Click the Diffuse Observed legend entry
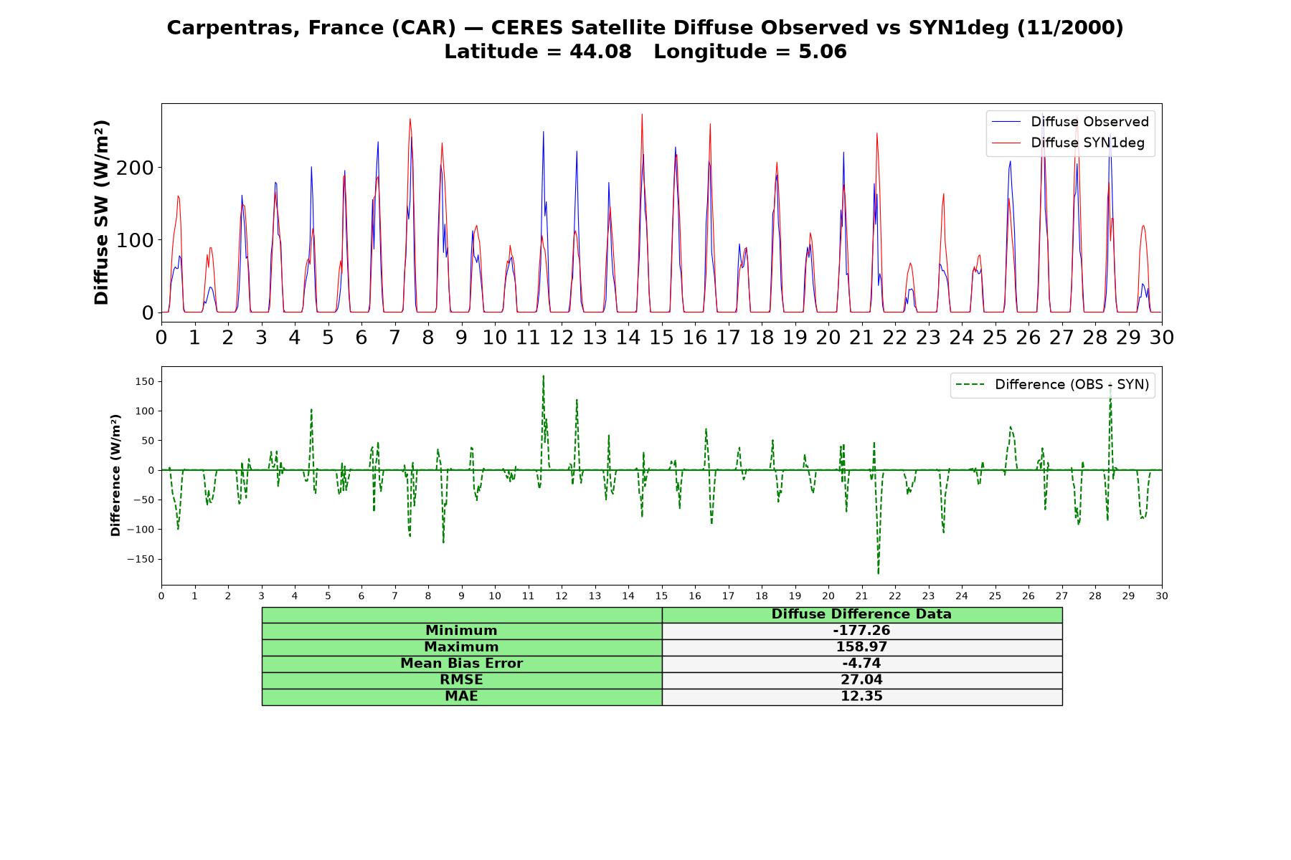pyautogui.click(x=1070, y=122)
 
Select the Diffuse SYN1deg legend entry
pyautogui.click(x=1068, y=143)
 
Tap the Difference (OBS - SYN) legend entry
pyautogui.click(x=1052, y=385)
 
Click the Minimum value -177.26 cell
pyautogui.click(x=861, y=631)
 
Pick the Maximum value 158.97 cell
pyautogui.click(x=861, y=647)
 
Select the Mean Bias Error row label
pyautogui.click(x=462, y=664)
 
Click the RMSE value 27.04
pyautogui.click(x=861, y=680)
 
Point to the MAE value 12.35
pyautogui.click(x=861, y=697)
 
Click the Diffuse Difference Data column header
pyautogui.click(x=861, y=614)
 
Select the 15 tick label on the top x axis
pyautogui.click(x=661, y=338)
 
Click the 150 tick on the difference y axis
pyautogui.click(x=144, y=381)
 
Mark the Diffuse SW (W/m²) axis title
pyautogui.click(x=101, y=213)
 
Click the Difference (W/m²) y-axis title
pyautogui.click(x=115, y=475)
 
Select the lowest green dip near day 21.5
pyautogui.click(x=878, y=573)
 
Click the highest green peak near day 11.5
pyautogui.click(x=543, y=376)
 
